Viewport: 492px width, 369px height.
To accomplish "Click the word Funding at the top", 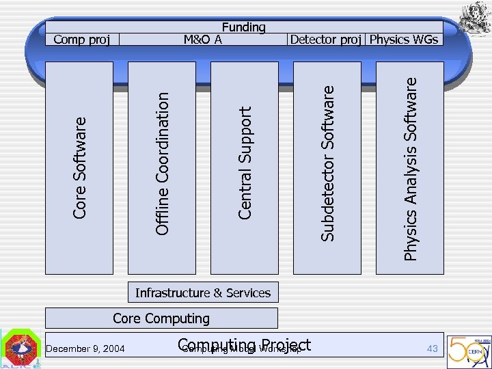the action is [243, 27].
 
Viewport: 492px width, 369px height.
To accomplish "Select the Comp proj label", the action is [81, 39].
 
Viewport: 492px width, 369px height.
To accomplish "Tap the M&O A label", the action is [203, 39].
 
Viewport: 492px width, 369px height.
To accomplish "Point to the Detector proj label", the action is [325, 39].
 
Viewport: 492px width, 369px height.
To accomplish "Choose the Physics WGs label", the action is [404, 39].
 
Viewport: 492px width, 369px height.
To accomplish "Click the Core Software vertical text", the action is [80, 167].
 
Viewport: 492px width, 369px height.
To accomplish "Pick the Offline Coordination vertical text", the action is [162, 164].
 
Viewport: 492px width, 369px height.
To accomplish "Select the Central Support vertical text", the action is [245, 163].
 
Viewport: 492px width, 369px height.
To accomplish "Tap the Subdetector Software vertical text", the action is [328, 163].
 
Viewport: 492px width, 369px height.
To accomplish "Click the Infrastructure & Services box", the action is [203, 293].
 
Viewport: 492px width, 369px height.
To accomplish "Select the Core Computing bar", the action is [161, 318].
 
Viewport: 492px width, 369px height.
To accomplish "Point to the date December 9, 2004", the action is [85, 349].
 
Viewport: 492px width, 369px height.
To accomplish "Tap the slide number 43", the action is [432, 348].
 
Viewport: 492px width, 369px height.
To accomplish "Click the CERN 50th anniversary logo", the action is [467, 348].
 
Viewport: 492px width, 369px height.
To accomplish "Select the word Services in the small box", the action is [248, 293].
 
